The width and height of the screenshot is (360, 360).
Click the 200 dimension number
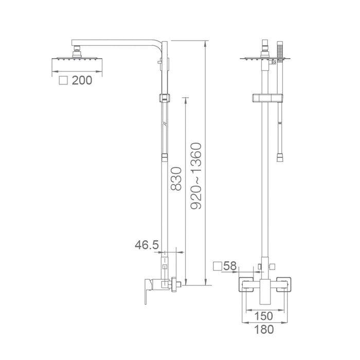(x=82, y=81)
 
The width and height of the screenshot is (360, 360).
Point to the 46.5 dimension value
(x=147, y=245)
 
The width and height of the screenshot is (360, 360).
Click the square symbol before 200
(x=64, y=81)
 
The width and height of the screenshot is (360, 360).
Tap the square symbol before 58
(x=218, y=266)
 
